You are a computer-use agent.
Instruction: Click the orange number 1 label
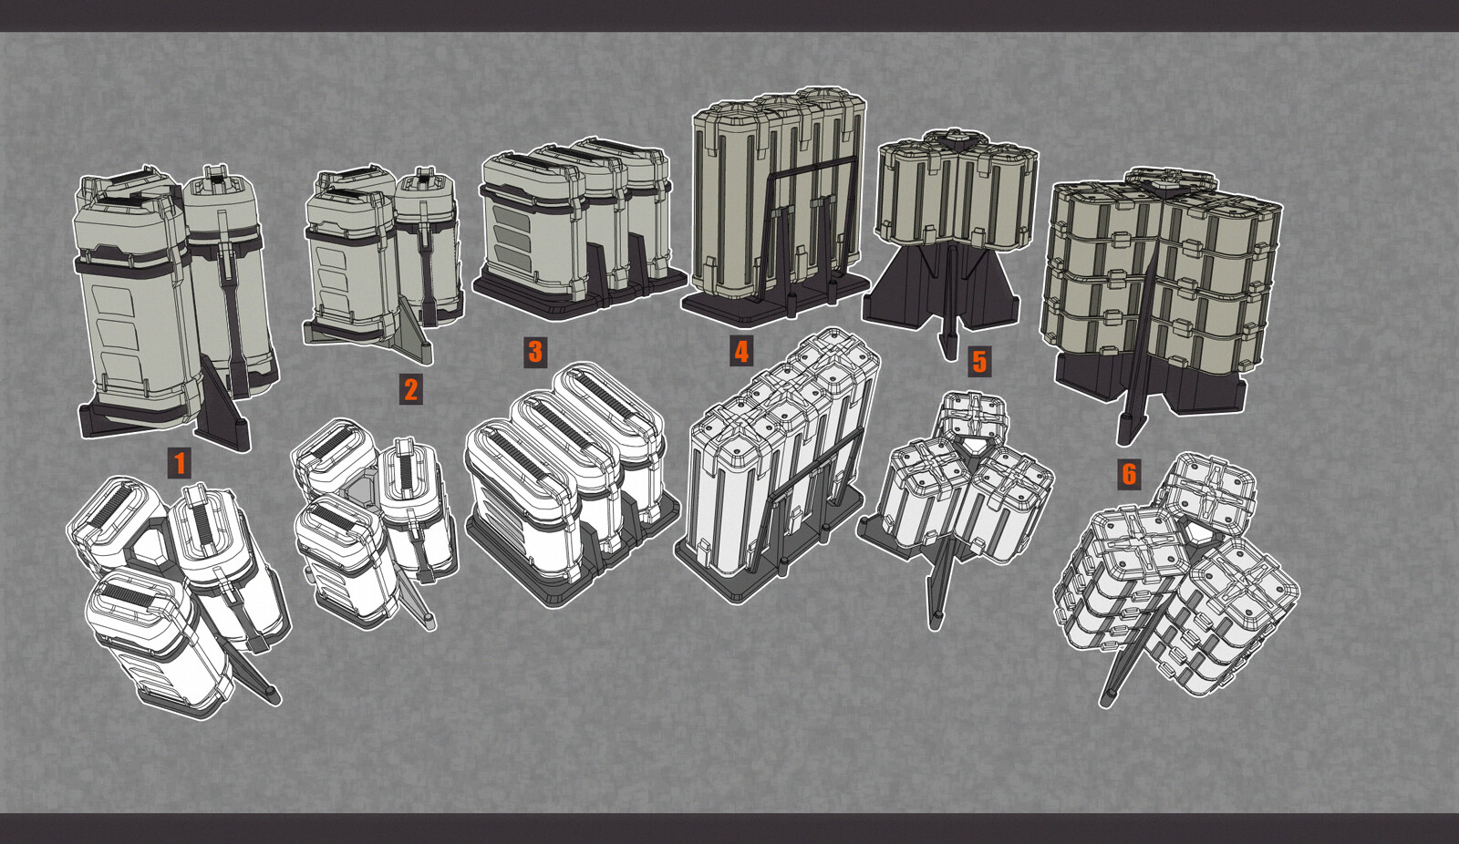pos(180,463)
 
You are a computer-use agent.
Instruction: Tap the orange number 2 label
pos(410,389)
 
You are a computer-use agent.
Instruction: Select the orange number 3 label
pos(534,352)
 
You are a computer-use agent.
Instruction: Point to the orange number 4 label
pos(741,353)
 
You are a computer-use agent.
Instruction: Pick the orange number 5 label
pos(979,362)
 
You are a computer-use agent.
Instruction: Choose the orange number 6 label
pos(1129,474)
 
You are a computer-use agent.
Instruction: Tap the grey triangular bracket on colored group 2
pos(410,332)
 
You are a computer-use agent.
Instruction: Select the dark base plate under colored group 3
pos(580,293)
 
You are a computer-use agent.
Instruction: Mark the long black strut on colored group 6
pos(1136,345)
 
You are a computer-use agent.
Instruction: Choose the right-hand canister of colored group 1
pos(229,280)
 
